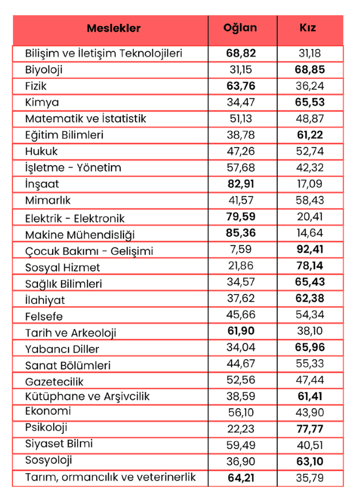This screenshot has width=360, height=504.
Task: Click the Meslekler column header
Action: click(x=114, y=28)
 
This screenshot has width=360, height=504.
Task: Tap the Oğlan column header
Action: click(x=240, y=28)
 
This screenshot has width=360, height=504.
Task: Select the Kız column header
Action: click(x=308, y=28)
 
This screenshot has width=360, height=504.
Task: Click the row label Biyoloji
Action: click(x=44, y=70)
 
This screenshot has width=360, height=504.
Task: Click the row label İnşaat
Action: click(x=42, y=184)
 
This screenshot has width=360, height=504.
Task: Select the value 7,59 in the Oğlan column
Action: click(x=240, y=250)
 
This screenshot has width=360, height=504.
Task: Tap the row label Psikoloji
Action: click(x=46, y=427)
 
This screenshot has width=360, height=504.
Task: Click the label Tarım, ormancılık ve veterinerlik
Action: click(x=110, y=477)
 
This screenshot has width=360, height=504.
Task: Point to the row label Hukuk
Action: click(x=41, y=151)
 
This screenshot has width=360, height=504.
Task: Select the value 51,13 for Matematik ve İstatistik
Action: click(x=240, y=119)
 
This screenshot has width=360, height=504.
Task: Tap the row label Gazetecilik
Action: click(x=54, y=382)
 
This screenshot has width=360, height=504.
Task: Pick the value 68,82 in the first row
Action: click(x=240, y=53)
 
